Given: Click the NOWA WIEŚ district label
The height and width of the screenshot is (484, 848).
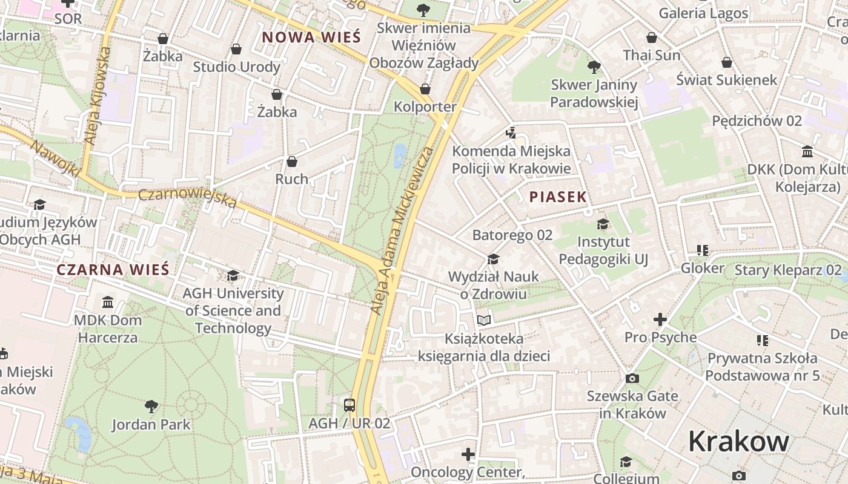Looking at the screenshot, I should click(x=311, y=38).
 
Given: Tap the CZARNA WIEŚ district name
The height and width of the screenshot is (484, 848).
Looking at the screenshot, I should click(x=113, y=270).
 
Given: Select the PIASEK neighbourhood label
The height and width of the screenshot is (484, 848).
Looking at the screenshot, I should click(x=558, y=197).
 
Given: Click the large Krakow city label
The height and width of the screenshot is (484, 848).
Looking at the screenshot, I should click(x=738, y=442).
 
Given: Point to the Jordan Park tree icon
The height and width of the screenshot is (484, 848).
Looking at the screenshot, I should click(x=151, y=406).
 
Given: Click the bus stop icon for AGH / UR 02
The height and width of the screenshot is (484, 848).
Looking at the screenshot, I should click(x=349, y=405).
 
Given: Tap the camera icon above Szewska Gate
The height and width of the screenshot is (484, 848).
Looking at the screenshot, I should click(x=632, y=378).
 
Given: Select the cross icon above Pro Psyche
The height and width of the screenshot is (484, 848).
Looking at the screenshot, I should click(x=660, y=319).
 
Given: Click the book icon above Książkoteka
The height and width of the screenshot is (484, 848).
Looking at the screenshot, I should click(x=483, y=320).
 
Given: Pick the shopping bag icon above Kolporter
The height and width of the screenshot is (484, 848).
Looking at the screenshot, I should click(x=425, y=89).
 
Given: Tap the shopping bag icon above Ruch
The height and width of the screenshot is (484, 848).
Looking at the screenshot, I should click(x=292, y=162).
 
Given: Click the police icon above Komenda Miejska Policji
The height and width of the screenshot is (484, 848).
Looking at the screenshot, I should click(x=511, y=132).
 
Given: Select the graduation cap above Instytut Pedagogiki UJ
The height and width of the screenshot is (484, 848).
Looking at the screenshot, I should click(x=603, y=224).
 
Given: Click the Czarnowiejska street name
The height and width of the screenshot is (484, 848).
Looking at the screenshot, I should click(x=187, y=198).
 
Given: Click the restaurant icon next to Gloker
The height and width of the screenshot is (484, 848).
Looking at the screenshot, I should click(x=703, y=250).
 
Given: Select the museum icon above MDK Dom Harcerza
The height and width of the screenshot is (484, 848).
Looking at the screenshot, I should click(x=108, y=302).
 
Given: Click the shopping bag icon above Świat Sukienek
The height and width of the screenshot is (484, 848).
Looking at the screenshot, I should click(x=727, y=62).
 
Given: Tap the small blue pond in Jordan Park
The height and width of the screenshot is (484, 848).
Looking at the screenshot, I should click(x=80, y=432).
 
